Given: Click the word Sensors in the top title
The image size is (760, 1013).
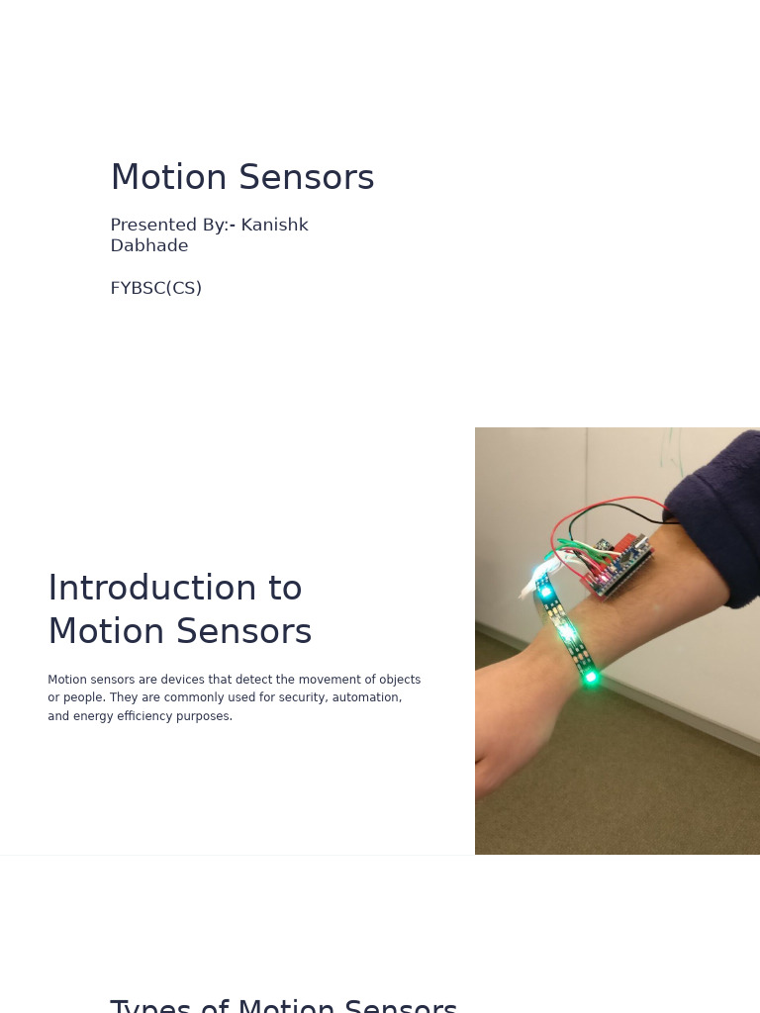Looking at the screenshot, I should [x=307, y=178].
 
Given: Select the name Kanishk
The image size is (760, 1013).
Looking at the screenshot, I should [x=274, y=226].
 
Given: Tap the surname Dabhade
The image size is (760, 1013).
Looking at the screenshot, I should [x=148, y=246].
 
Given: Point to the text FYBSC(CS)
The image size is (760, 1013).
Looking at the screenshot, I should [x=155, y=288].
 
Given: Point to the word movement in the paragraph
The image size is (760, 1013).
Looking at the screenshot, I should [x=306, y=680].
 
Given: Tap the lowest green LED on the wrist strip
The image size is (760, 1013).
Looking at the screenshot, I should [x=590, y=678].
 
